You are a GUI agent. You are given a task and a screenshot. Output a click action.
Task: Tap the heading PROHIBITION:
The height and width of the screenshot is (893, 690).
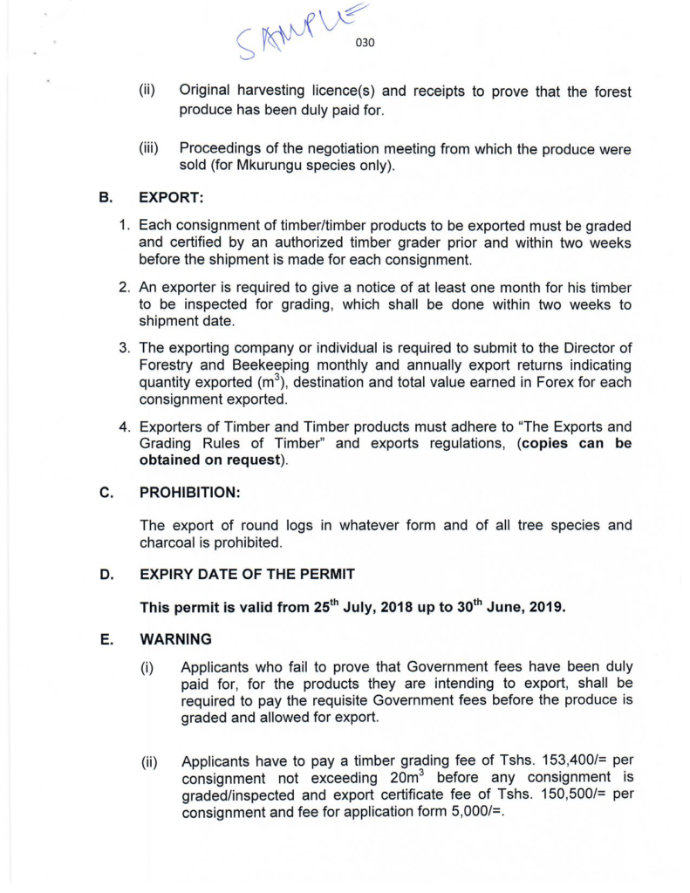pos(189,493)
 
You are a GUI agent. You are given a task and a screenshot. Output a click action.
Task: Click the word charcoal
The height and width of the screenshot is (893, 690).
pos(174,542)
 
